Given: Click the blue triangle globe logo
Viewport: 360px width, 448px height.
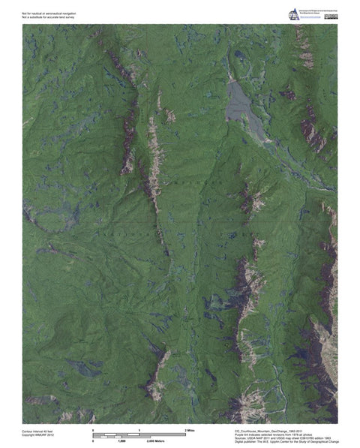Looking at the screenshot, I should (x=293, y=14).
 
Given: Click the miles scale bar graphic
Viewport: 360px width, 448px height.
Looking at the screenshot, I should (x=139, y=434).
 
